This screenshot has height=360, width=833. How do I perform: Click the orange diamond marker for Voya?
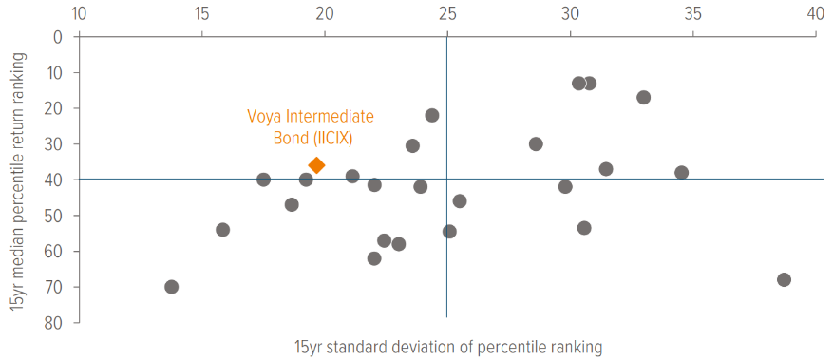point(316,165)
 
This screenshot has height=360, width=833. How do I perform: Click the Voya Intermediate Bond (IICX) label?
point(311,126)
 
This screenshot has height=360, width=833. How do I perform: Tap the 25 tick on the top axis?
point(446,14)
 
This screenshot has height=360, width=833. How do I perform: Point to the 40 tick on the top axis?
point(815,14)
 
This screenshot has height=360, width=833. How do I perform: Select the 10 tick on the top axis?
point(78,14)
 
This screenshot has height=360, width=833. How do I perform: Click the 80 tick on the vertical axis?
point(54,323)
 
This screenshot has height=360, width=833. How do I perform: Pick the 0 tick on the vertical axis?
point(59,37)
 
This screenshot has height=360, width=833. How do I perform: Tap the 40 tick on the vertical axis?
point(54,180)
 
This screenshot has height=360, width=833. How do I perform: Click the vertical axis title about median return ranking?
point(17,180)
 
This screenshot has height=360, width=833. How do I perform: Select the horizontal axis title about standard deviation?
point(447,347)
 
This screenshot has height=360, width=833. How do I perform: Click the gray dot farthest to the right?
point(784,279)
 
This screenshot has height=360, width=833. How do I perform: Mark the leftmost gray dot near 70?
point(171,287)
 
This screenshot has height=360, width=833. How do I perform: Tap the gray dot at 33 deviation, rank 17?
point(643,98)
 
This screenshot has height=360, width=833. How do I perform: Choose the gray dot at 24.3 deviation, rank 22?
point(432,115)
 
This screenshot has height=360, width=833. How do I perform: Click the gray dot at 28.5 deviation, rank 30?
point(536,144)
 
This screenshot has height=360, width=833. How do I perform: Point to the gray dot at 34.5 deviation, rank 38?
point(681,173)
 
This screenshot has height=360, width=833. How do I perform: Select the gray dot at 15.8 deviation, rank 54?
point(222,230)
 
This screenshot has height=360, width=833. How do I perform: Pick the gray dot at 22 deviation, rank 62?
point(374,258)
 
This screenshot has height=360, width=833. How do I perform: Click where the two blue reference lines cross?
point(446,180)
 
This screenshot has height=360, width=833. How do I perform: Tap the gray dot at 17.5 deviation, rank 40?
point(263,180)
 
